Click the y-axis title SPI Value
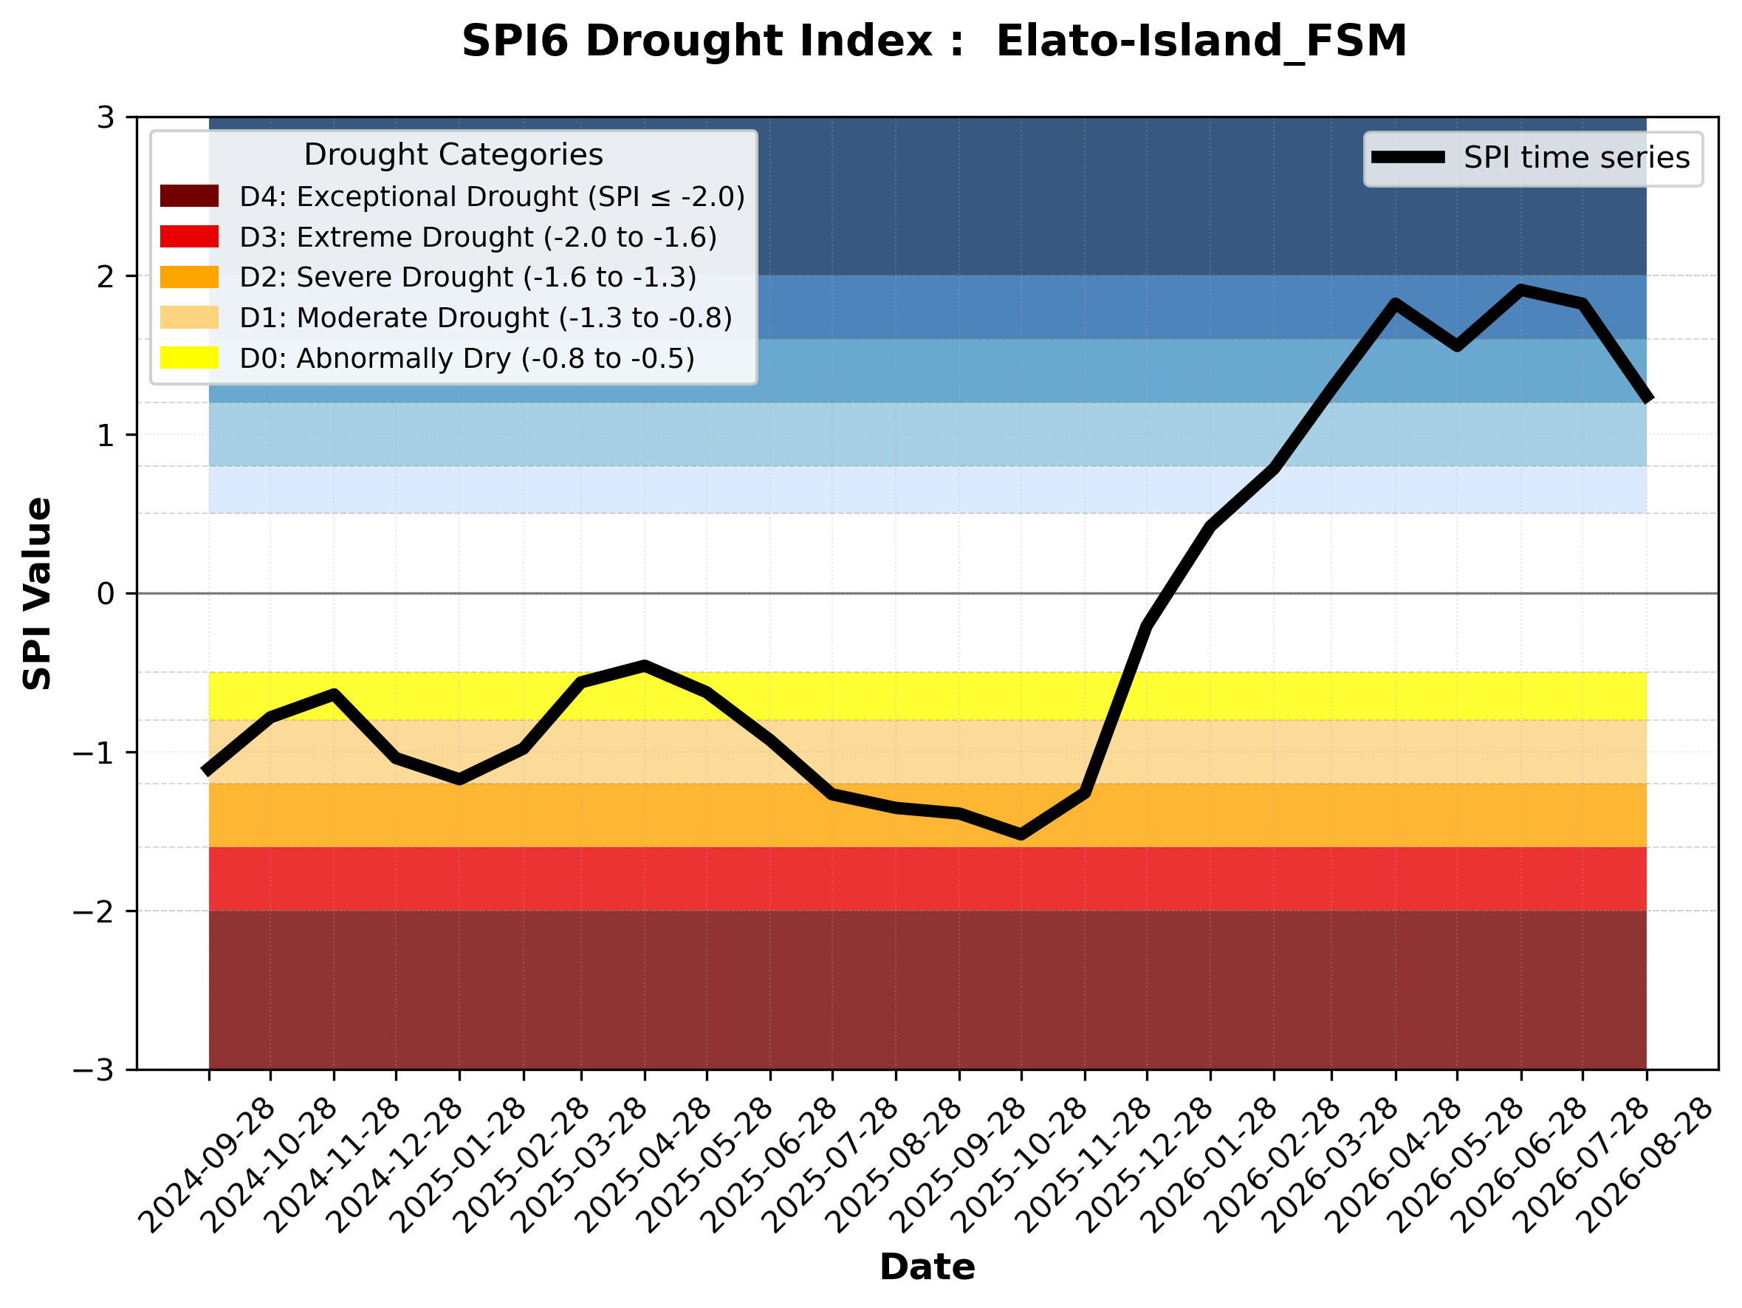pos(37,594)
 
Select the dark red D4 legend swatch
pos(189,196)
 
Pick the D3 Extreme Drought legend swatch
pos(189,236)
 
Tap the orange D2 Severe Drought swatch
pos(189,277)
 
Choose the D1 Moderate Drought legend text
pos(486,318)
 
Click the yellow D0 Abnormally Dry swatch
pos(189,357)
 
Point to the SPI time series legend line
pos(1408,157)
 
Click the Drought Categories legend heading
pos(453,154)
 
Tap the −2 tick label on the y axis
pos(94,911)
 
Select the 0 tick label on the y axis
pos(106,594)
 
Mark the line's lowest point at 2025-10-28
pos(1021,835)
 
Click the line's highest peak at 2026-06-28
pos(1520,290)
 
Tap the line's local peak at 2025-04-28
pos(645,665)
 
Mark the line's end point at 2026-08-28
pos(1647,400)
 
